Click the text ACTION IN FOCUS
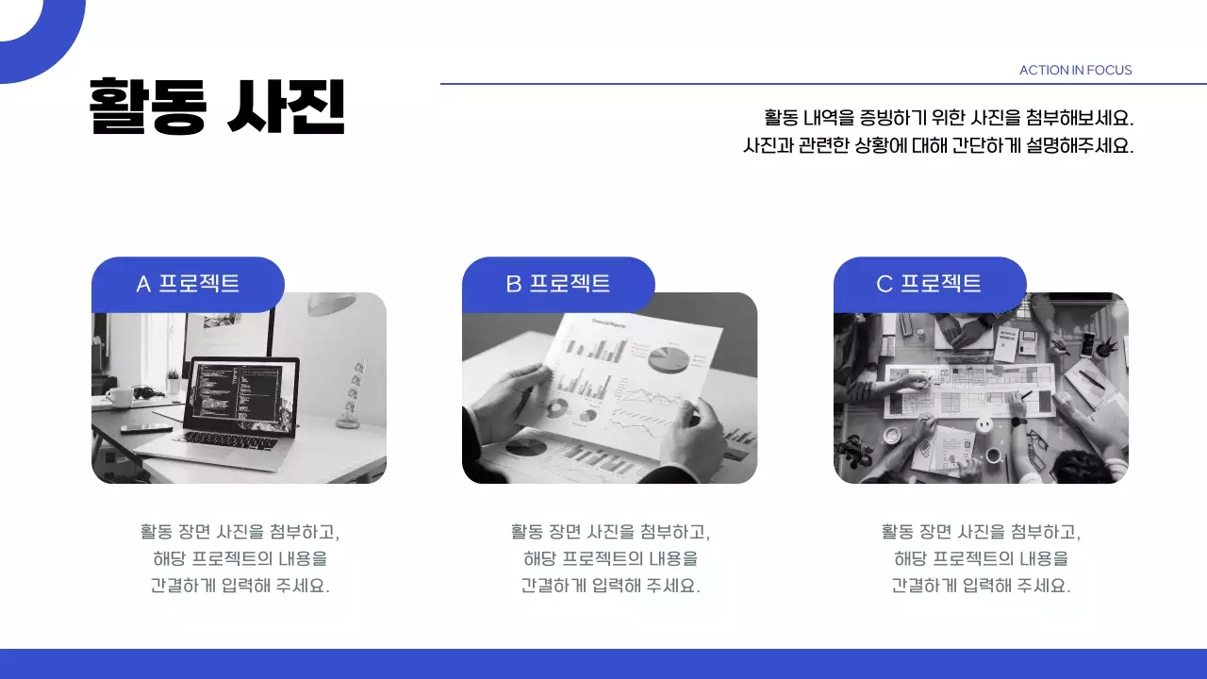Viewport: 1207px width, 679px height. point(1075,70)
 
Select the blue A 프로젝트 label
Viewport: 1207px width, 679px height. point(188,283)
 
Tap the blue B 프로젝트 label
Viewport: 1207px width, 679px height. point(558,283)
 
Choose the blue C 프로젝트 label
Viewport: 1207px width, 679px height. point(929,283)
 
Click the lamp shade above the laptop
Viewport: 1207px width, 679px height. point(331,304)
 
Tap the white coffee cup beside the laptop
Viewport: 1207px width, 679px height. point(119,397)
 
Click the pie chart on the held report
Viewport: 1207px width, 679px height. point(669,359)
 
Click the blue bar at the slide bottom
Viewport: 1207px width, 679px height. point(603,663)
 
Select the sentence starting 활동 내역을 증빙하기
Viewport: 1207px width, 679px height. point(948,118)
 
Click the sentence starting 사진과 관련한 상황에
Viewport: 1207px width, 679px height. point(938,146)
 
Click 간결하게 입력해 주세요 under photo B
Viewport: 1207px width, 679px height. point(610,585)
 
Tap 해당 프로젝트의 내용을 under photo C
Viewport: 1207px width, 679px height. point(981,558)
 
